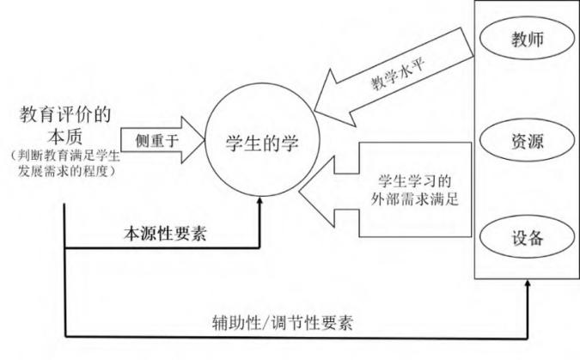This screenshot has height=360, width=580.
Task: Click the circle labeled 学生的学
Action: pos(261,141)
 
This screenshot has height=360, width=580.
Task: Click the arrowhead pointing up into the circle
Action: pos(261,205)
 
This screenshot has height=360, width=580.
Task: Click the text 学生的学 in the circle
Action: pos(261,141)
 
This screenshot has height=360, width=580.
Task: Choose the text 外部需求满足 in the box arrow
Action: pos(414,202)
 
